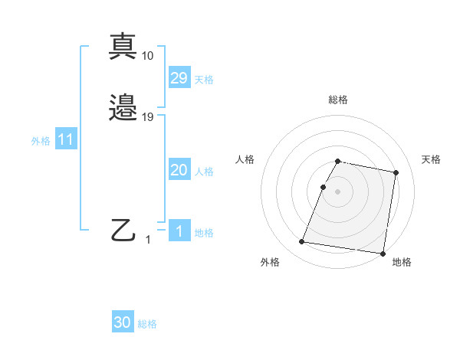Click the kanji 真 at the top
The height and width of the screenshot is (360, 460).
(123, 47)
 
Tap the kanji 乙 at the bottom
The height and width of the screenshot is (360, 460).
(123, 230)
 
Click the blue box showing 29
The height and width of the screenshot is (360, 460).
(179, 78)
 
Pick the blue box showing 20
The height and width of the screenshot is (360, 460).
(179, 170)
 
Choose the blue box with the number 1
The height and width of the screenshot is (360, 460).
(179, 231)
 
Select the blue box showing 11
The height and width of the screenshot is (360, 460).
(66, 140)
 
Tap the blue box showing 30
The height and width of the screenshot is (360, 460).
(123, 322)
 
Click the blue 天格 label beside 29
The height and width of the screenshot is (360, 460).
(204, 80)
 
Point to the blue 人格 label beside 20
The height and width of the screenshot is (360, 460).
(204, 172)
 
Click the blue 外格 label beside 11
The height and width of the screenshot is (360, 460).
(41, 141)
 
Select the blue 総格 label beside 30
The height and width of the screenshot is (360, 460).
(147, 324)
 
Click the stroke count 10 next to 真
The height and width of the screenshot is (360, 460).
(148, 55)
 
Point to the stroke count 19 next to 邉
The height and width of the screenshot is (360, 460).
(148, 117)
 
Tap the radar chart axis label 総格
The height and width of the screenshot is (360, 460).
(338, 100)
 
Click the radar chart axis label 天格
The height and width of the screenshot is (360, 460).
(431, 159)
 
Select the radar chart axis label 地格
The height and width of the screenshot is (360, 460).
(402, 262)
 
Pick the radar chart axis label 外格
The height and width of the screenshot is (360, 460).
(270, 262)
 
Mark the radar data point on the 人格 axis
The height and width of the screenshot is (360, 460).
(323, 187)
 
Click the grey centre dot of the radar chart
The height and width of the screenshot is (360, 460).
(338, 191)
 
